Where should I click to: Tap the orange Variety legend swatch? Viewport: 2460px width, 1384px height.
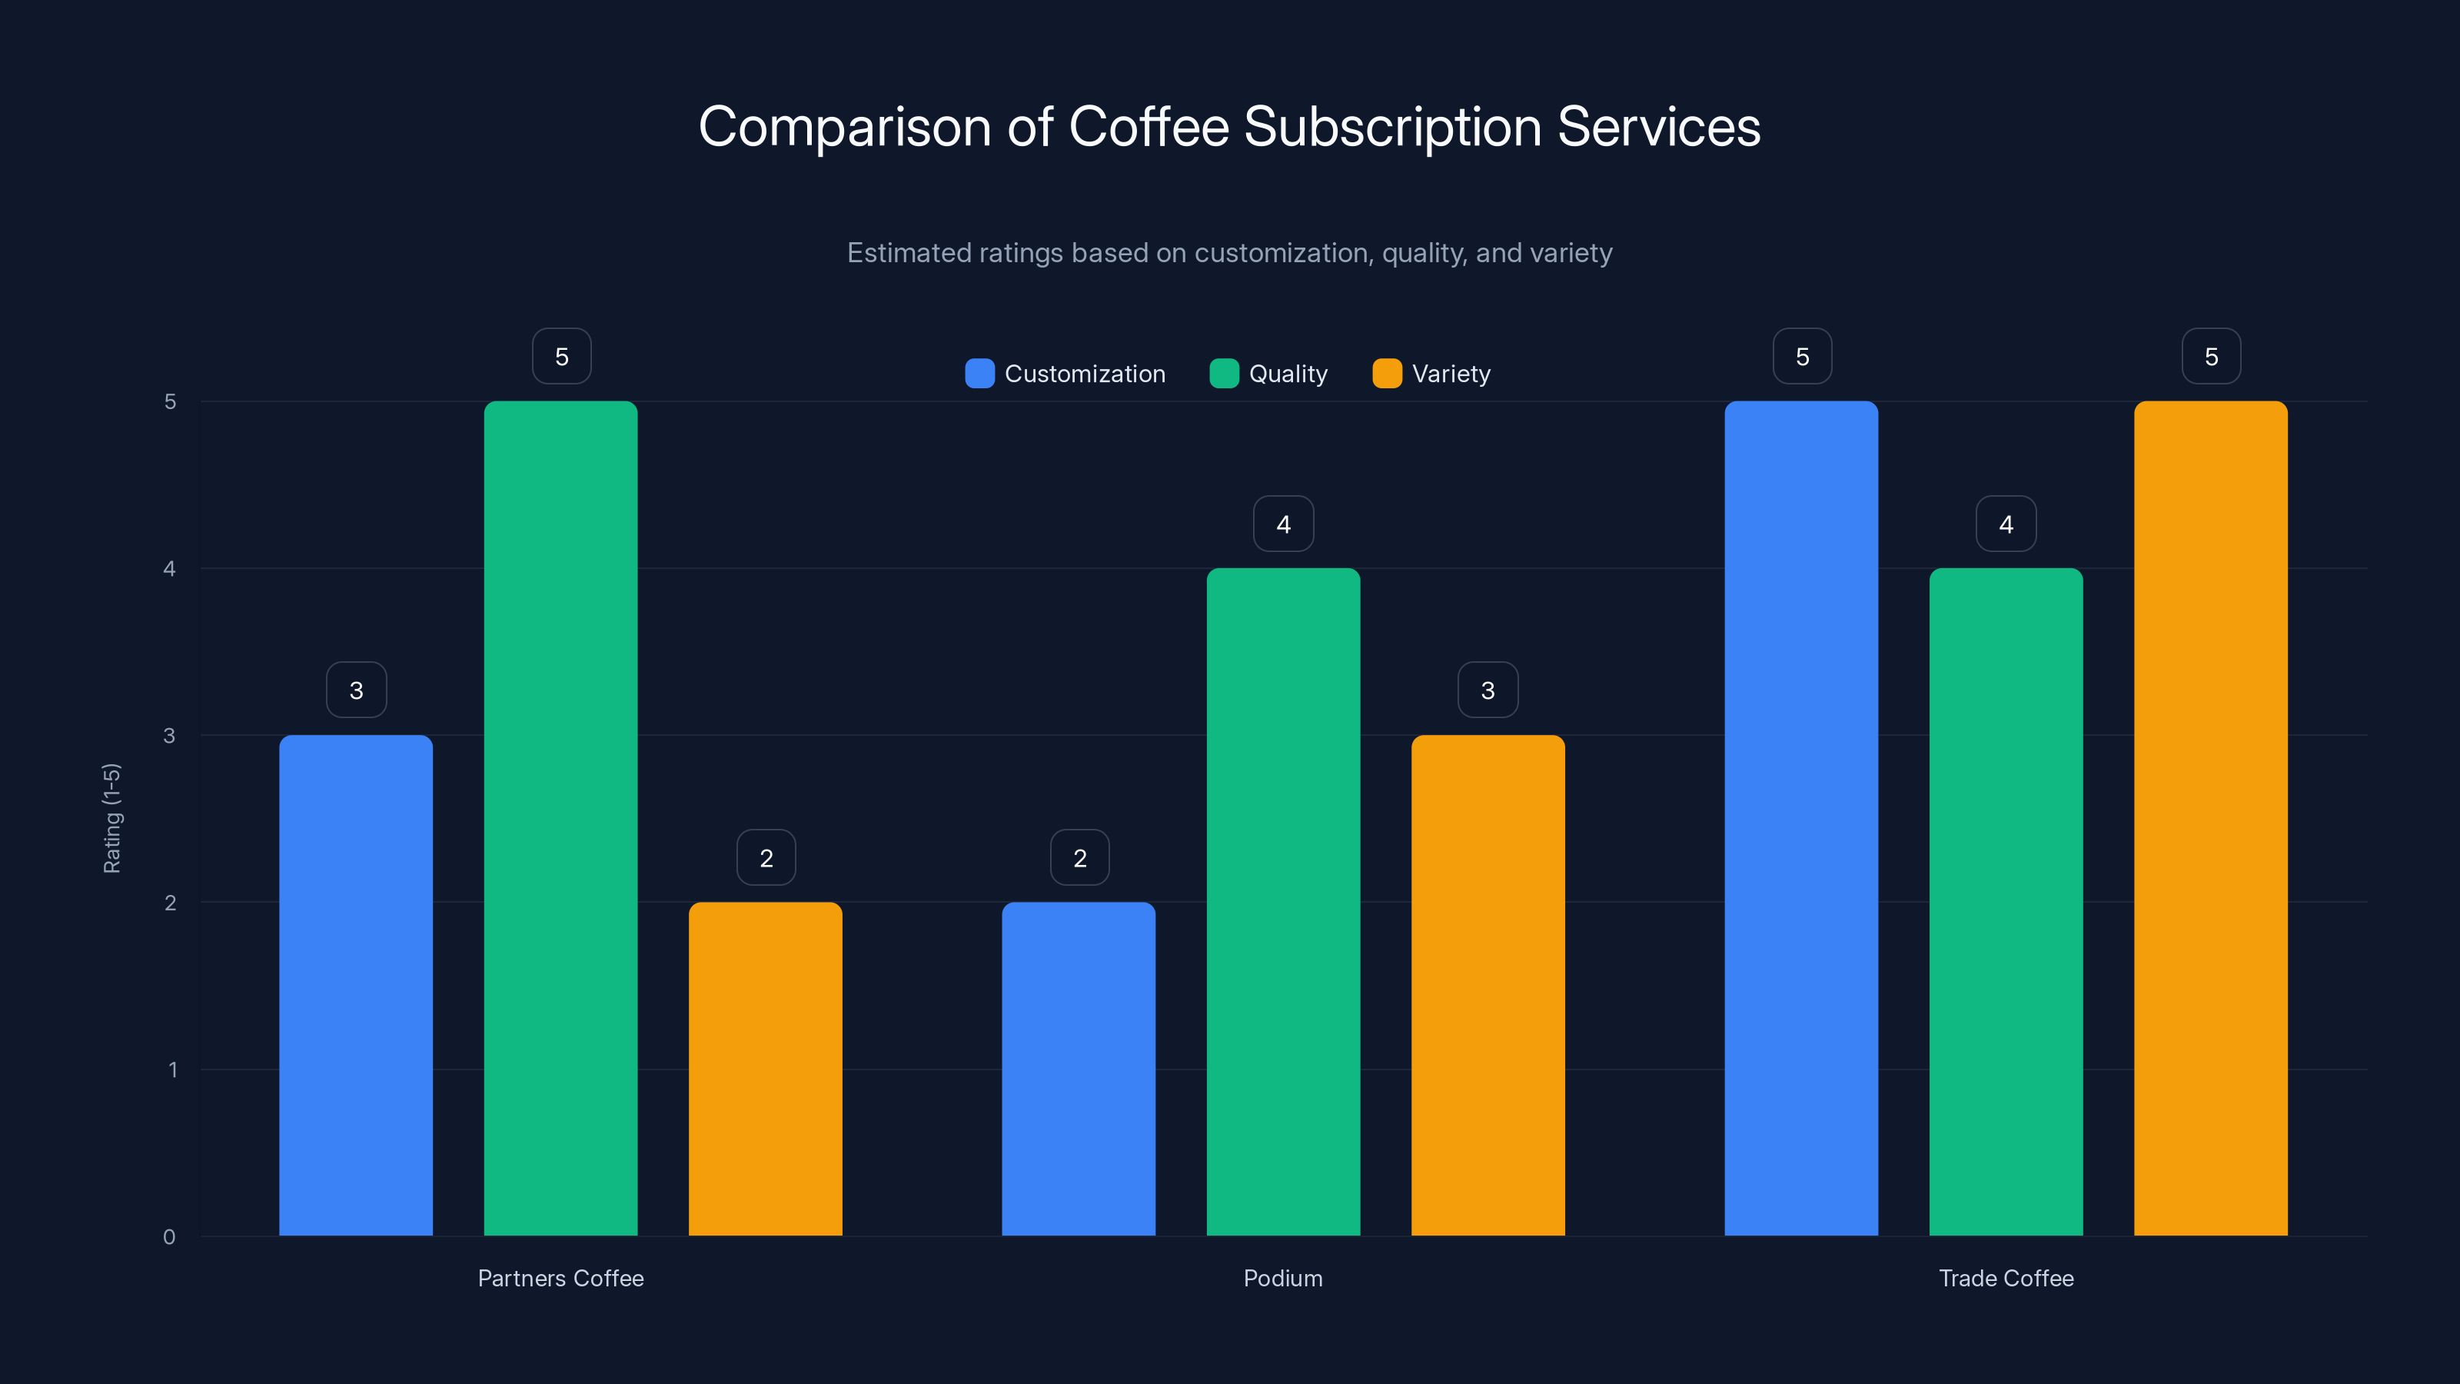pos(1387,374)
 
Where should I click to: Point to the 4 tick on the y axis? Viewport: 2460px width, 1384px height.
pos(169,569)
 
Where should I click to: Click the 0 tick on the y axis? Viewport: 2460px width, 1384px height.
pos(169,1237)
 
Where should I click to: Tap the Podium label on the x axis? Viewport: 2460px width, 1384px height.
pos(1282,1278)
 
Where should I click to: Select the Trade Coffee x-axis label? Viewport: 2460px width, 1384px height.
pos(2006,1278)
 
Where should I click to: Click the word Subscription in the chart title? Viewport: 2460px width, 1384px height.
pos(1392,127)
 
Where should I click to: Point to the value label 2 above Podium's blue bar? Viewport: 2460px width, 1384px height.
pos(1079,858)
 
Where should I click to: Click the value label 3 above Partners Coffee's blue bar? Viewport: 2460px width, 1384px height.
pos(356,690)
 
